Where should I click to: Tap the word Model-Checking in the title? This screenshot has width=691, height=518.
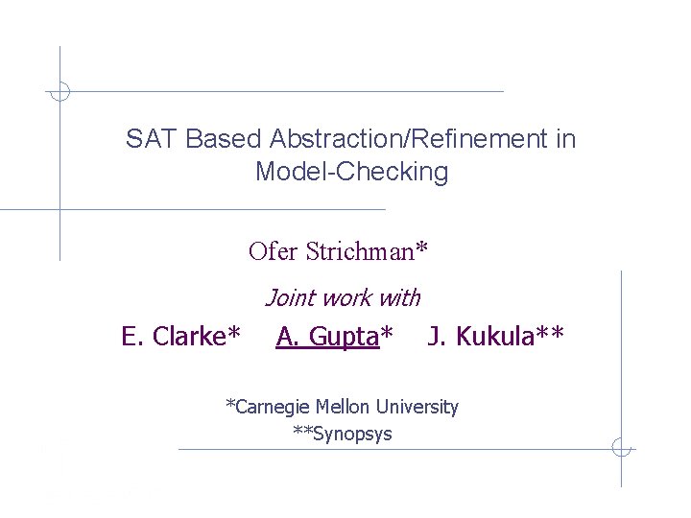pyautogui.click(x=351, y=173)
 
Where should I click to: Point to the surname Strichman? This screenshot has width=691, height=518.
pyautogui.click(x=359, y=251)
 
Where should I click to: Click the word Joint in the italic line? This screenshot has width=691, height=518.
pyautogui.click(x=289, y=298)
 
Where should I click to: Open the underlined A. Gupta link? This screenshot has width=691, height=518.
pyautogui.click(x=326, y=337)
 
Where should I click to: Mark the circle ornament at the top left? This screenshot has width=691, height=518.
pyautogui.click(x=60, y=92)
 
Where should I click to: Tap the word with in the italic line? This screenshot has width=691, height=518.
pyautogui.click(x=401, y=298)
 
